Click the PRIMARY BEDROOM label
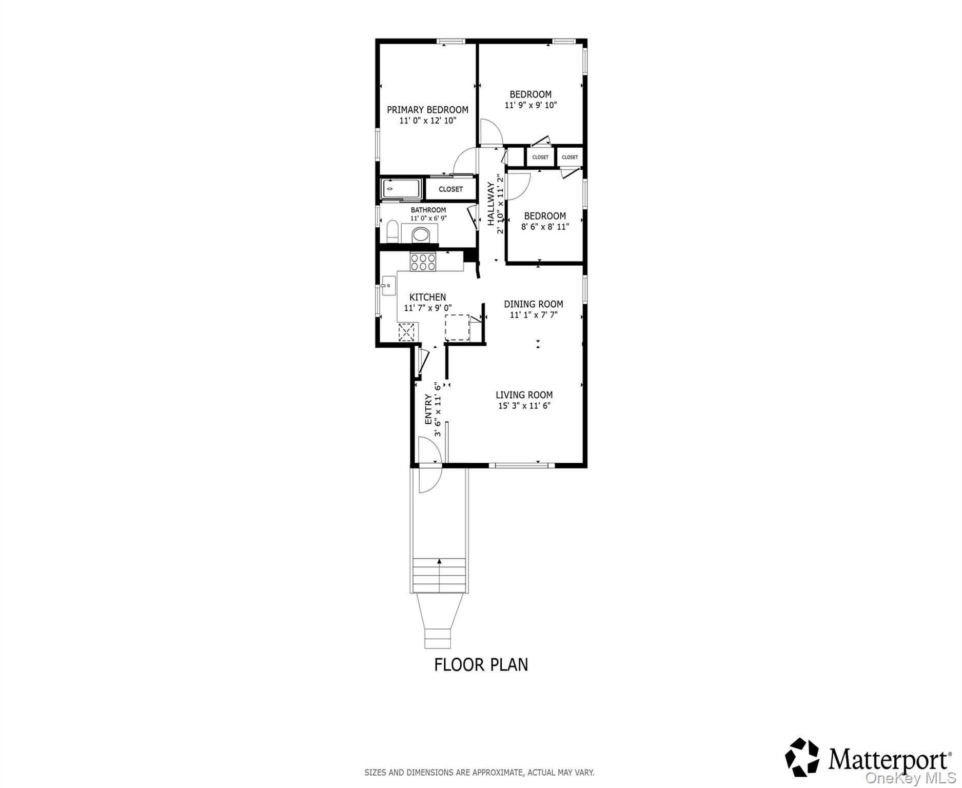pos(427,110)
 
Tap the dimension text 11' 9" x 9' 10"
pos(531,105)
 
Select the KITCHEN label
pos(427,297)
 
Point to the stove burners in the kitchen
pos(423,263)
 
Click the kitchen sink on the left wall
pos(388,286)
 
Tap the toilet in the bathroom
pos(392,232)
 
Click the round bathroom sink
pos(421,235)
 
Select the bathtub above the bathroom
pos(401,189)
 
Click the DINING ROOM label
pos(533,304)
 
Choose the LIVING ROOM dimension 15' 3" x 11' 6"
pos(524,406)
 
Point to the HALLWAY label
pos(491,204)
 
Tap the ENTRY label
pos(428,409)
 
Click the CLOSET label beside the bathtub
pos(450,189)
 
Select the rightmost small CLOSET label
pos(570,157)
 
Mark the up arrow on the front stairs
pos(440,561)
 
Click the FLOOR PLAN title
pos(481,664)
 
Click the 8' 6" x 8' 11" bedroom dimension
pos(545,226)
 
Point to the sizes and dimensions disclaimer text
pos(479,772)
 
